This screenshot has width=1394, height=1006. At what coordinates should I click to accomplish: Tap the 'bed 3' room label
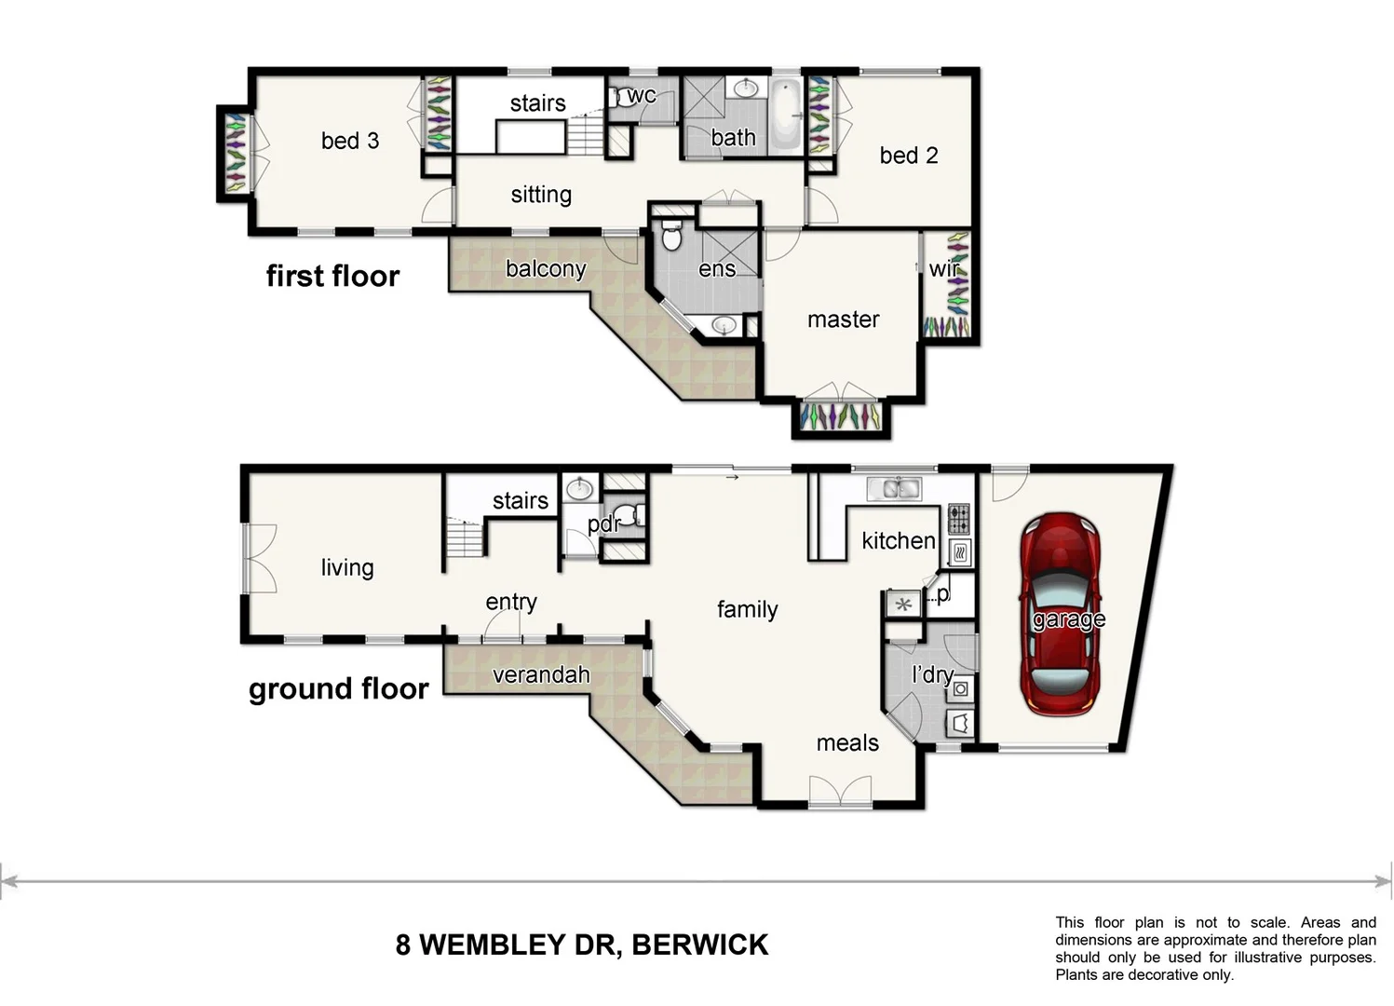click(349, 141)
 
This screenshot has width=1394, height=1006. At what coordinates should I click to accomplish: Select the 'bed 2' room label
click(908, 156)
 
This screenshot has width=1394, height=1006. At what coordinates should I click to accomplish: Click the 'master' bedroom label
click(843, 319)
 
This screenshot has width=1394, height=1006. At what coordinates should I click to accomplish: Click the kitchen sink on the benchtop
click(893, 488)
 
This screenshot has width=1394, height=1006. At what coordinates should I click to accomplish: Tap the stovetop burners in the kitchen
click(958, 517)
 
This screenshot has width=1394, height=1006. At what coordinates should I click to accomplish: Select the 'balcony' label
click(545, 269)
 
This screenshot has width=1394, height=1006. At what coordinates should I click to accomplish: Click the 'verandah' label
click(541, 674)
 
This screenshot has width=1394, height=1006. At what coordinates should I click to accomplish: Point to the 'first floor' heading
click(332, 276)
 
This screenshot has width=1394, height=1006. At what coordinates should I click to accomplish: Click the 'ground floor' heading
click(338, 688)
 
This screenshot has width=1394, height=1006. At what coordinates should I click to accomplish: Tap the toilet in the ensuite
click(671, 236)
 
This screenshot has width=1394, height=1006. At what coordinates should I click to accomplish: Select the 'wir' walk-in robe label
click(943, 269)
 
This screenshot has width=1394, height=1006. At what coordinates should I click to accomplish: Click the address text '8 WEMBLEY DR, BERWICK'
click(582, 945)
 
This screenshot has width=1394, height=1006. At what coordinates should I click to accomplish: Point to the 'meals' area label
click(846, 742)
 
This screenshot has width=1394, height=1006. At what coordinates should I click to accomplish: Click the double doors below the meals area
click(840, 794)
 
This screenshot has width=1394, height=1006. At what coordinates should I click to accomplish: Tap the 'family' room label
click(747, 609)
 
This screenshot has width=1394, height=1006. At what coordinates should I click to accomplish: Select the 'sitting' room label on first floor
click(540, 195)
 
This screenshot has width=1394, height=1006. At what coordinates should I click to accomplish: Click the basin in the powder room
click(580, 488)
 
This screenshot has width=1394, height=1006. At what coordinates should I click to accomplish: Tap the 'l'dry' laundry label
click(931, 674)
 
